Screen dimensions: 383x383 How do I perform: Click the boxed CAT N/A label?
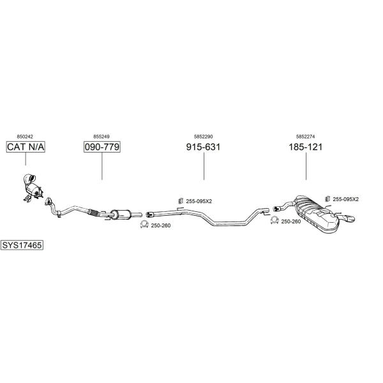click(26, 147)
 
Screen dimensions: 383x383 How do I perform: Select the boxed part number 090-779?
click(102, 147)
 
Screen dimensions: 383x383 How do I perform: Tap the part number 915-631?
click(203, 147)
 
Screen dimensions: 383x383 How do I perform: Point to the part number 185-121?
click(306, 147)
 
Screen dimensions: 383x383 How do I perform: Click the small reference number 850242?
click(25, 137)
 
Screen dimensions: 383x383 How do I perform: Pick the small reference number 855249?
click(101, 137)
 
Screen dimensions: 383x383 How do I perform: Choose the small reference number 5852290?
click(203, 137)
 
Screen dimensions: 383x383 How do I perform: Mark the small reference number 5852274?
click(305, 137)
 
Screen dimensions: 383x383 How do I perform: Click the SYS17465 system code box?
click(22, 245)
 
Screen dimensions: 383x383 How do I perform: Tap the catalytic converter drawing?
click(33, 188)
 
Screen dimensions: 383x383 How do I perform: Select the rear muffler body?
click(317, 213)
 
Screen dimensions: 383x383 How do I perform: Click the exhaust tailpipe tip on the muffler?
click(348, 218)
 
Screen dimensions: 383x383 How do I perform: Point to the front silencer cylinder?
click(121, 214)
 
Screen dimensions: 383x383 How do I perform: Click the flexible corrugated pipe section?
click(94, 213)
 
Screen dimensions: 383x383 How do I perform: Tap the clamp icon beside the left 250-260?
click(144, 224)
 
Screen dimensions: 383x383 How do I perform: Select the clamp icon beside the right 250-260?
click(274, 220)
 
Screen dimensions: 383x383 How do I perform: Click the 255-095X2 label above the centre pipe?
click(199, 201)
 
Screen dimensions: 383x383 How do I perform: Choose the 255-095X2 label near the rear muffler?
click(345, 199)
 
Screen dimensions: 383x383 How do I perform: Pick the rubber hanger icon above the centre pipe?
click(181, 200)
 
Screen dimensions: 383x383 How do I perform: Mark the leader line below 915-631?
click(204, 166)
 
